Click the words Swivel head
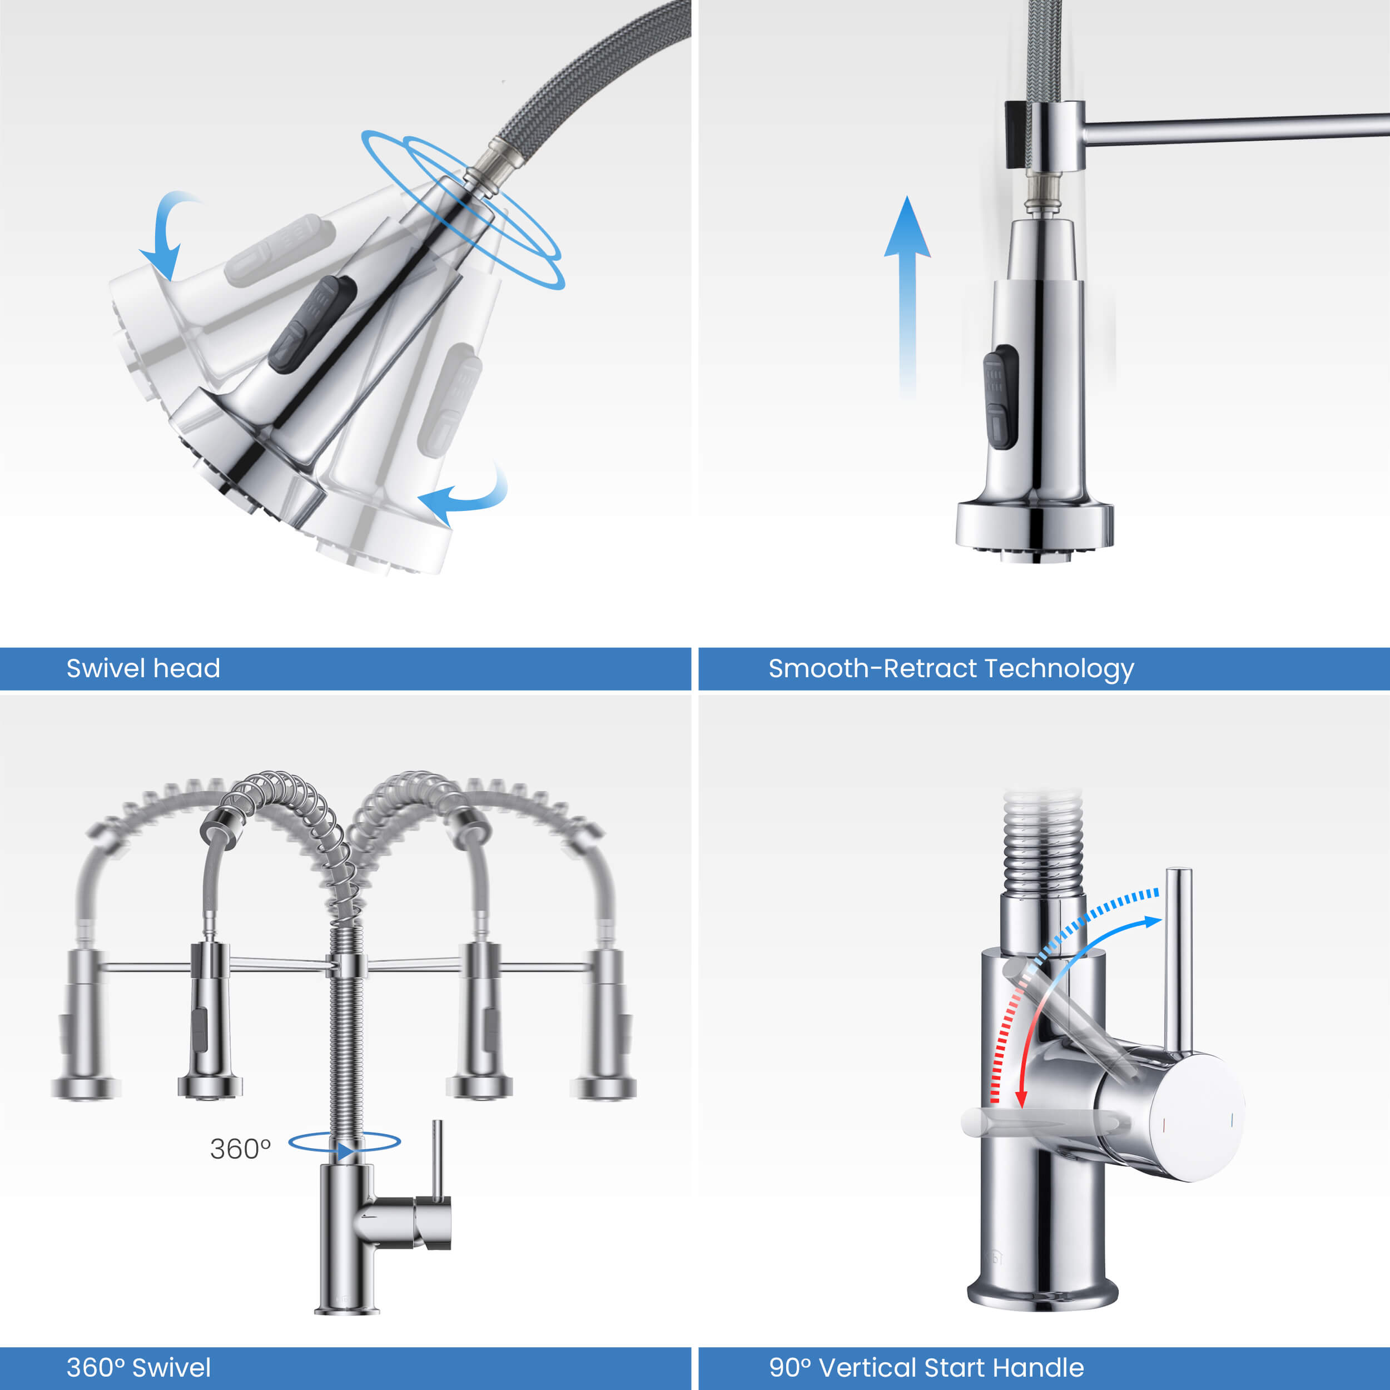click(143, 668)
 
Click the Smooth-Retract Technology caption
click(951, 669)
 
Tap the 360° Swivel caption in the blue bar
click(139, 1367)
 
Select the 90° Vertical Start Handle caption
click(926, 1367)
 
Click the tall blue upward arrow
click(907, 295)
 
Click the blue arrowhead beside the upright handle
click(1153, 922)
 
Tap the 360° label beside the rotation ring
click(240, 1149)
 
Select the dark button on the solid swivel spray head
click(313, 325)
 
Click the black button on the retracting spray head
click(1001, 396)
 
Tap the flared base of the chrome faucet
click(1042, 1295)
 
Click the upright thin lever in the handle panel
click(1179, 960)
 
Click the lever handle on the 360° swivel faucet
click(436, 1160)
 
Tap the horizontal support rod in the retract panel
click(1236, 128)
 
